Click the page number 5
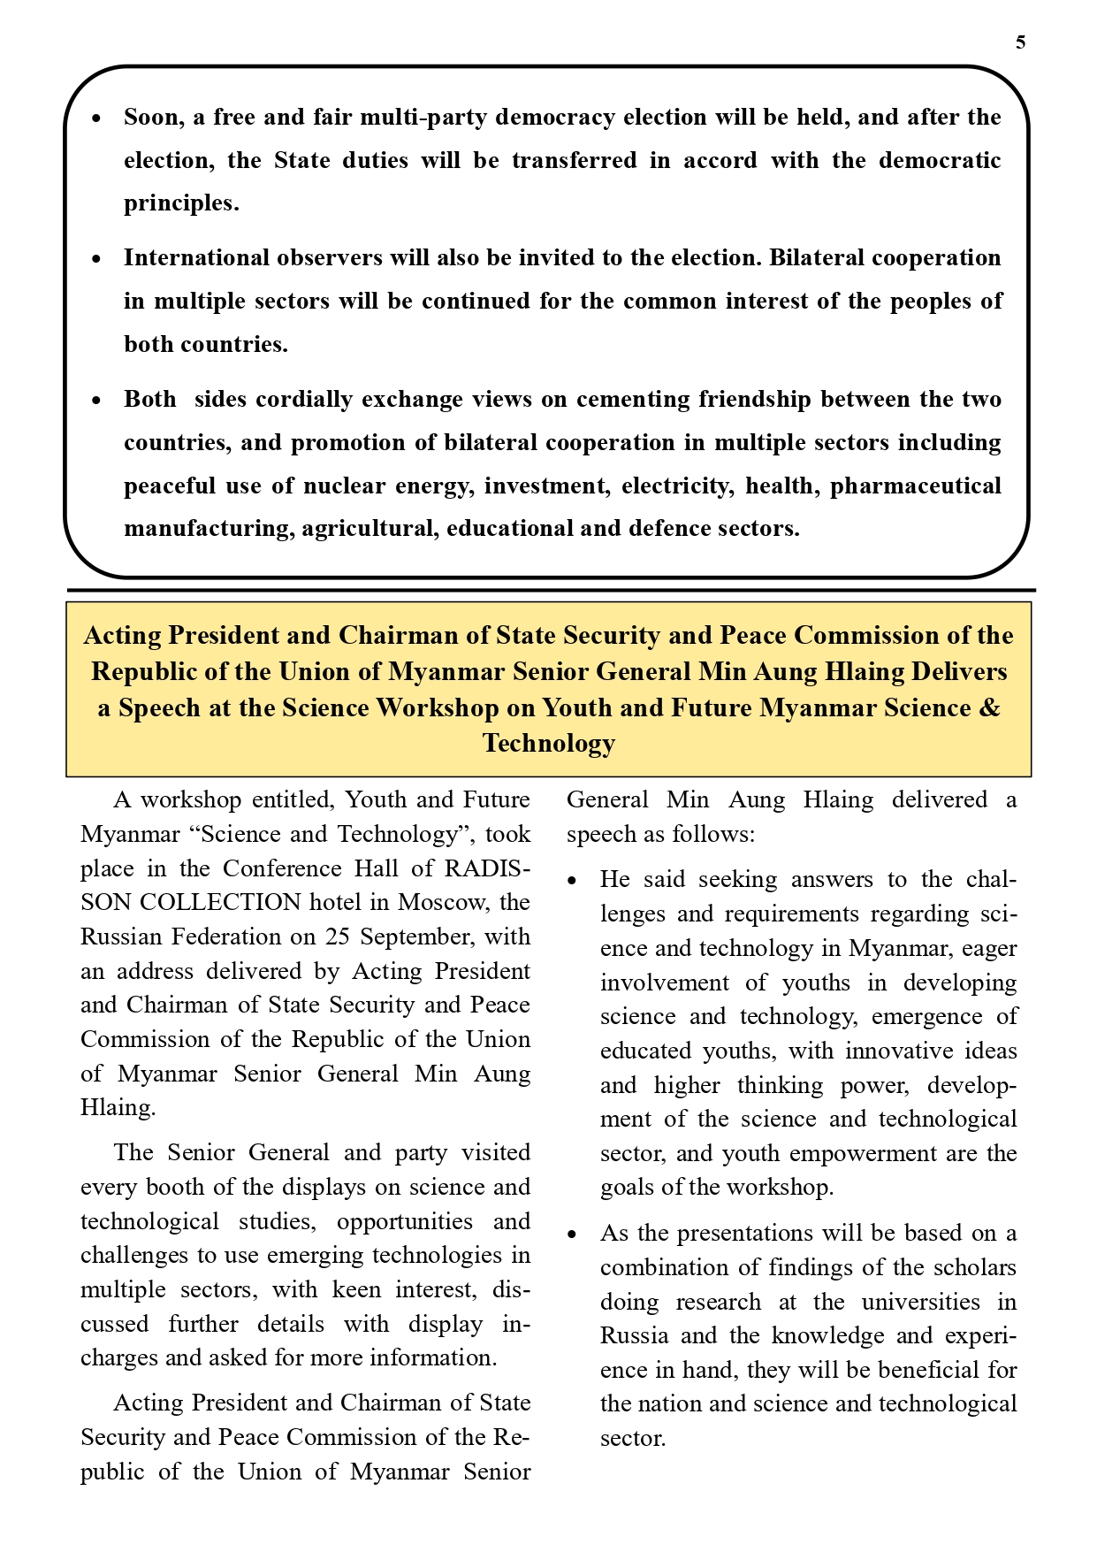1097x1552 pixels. pyautogui.click(x=1021, y=42)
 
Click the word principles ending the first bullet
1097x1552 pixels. pyautogui.click(x=180, y=203)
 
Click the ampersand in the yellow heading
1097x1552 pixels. pyautogui.click(x=990, y=707)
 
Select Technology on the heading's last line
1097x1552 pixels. pyautogui.click(x=548, y=743)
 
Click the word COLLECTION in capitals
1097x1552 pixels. pyautogui.click(x=221, y=902)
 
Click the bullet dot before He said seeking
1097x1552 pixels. pyautogui.click(x=573, y=881)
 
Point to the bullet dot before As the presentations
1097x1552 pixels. pyautogui.click(x=573, y=1235)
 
